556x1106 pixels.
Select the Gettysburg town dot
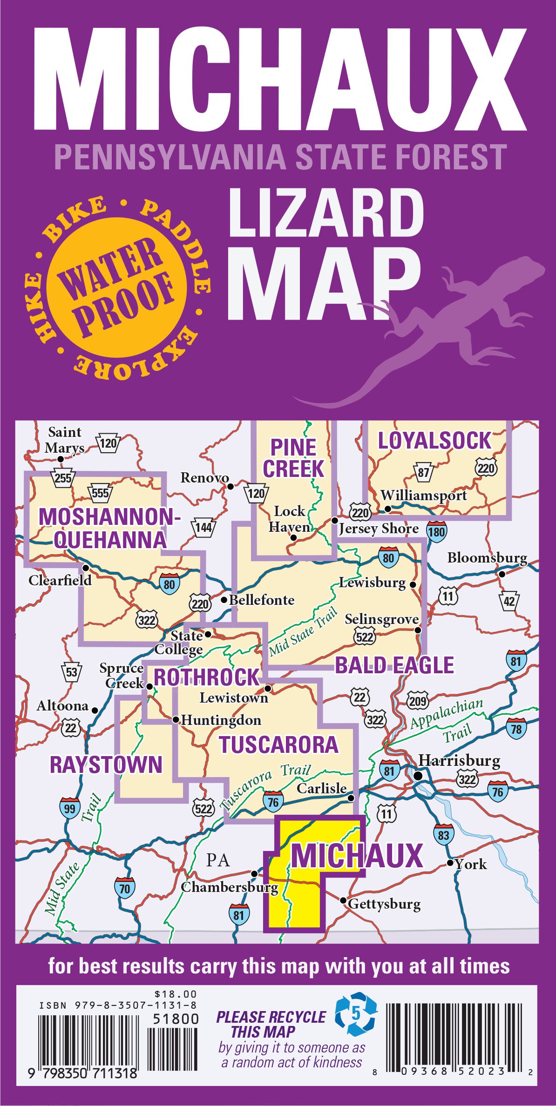click(343, 900)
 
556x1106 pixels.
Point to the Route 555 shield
click(100, 492)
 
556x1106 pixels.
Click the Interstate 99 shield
click(70, 808)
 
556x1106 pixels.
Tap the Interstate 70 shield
click(125, 888)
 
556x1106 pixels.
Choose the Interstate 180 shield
click(436, 531)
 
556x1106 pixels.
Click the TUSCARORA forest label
click(278, 744)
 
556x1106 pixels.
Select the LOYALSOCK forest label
click(434, 441)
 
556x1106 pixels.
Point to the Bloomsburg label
click(487, 557)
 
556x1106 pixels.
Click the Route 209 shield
click(417, 700)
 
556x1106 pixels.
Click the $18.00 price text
click(176, 994)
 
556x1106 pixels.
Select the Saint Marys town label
click(64, 440)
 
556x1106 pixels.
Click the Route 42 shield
click(509, 602)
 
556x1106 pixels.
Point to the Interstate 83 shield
click(443, 835)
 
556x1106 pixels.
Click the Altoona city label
click(62, 706)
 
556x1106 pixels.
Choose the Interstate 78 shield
click(516, 728)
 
